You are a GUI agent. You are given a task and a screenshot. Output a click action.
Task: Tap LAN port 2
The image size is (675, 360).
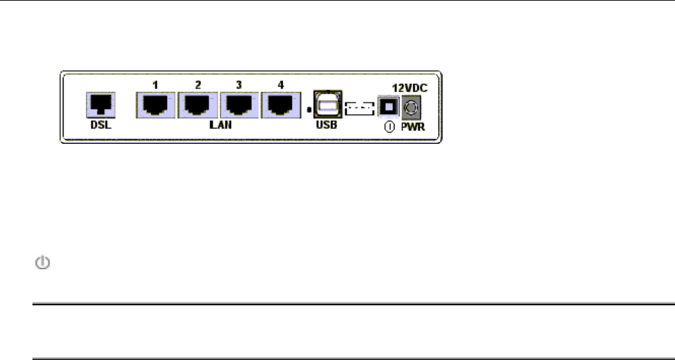pyautogui.click(x=198, y=105)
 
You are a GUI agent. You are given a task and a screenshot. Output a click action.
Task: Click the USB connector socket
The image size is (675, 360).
pyautogui.click(x=328, y=105)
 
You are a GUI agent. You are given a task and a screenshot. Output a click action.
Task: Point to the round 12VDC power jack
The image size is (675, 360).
pyautogui.click(x=411, y=107)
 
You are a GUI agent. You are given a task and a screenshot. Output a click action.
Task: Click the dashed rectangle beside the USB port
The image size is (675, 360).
pyautogui.click(x=359, y=107)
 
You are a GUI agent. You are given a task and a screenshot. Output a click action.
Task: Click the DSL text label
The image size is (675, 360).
pyautogui.click(x=101, y=126)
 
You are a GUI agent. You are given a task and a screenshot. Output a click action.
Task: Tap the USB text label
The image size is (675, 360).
pyautogui.click(x=327, y=126)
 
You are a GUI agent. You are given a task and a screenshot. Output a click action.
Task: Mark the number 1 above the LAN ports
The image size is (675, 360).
pyautogui.click(x=155, y=85)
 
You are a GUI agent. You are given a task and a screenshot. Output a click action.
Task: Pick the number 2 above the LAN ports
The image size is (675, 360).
pyautogui.click(x=198, y=85)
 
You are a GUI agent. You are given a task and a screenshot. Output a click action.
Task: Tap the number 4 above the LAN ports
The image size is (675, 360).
pyautogui.click(x=281, y=85)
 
